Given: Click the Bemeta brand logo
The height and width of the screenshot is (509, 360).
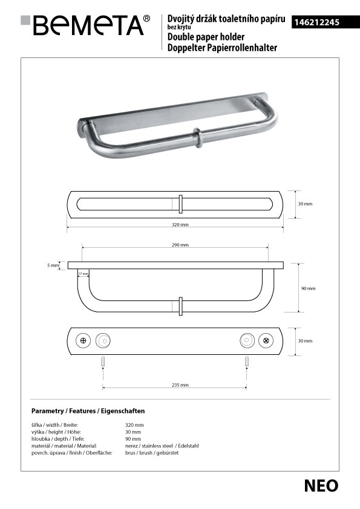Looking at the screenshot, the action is [85, 25].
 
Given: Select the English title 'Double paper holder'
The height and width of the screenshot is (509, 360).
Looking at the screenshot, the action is [206, 37].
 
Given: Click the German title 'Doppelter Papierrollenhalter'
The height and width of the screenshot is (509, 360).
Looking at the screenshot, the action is [222, 48].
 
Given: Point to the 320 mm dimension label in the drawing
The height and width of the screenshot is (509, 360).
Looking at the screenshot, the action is [180, 224].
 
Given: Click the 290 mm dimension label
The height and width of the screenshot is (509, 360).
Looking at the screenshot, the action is [180, 245].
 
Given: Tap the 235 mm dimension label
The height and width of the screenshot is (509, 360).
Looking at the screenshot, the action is [180, 385].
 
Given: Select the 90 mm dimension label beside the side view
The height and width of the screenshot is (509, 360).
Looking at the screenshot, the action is [309, 288].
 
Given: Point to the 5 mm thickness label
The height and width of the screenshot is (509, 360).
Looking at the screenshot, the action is [53, 265].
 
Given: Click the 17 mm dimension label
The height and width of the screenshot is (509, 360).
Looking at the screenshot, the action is [83, 274].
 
